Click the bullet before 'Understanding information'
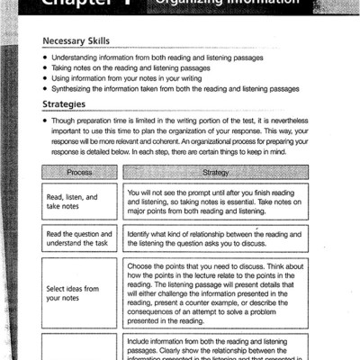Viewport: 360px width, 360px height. (45, 58)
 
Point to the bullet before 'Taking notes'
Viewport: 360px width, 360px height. (45, 67)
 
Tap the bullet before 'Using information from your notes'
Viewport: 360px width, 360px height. (45, 78)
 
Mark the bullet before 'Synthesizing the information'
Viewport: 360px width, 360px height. (45, 89)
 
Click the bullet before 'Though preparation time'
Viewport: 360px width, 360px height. (45, 120)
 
